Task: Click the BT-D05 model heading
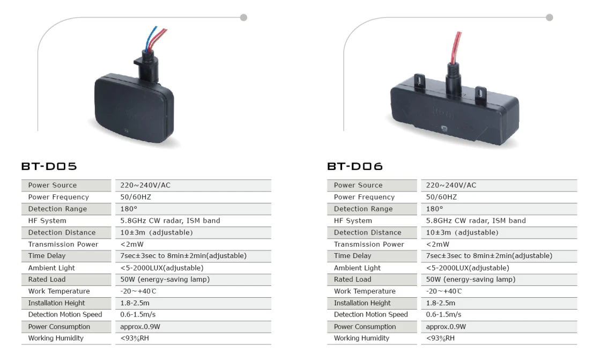(x=49, y=166)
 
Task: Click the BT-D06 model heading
(x=355, y=166)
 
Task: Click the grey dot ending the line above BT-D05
(x=243, y=17)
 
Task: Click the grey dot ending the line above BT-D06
(x=550, y=17)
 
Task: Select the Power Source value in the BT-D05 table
(x=145, y=185)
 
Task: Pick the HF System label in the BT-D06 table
(x=353, y=221)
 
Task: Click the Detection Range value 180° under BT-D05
(x=129, y=209)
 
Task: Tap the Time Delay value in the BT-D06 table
(x=489, y=256)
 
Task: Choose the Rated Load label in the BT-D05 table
(x=47, y=280)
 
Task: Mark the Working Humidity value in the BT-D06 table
(x=440, y=338)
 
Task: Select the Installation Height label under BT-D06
(x=362, y=303)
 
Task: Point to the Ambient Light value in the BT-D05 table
(x=162, y=268)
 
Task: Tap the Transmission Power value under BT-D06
(x=438, y=245)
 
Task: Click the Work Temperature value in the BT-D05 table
(x=138, y=291)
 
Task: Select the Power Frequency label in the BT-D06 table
(x=364, y=197)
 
